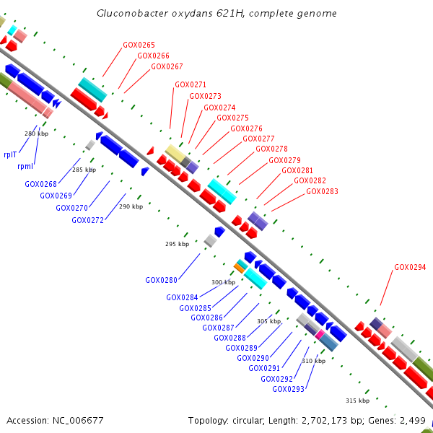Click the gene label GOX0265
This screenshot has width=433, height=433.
pos(139,45)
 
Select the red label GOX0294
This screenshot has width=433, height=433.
pos(410,267)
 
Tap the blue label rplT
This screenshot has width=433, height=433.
pos(10,154)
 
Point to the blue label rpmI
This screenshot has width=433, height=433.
pos(25,166)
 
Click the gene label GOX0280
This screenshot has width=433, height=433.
pos(161,280)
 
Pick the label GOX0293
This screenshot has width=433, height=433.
pos(288,389)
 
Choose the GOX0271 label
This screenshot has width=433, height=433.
pos(191,84)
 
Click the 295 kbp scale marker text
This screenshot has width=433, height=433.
pos(178,244)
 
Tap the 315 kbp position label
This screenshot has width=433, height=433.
pos(358,401)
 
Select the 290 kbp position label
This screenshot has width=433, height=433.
pos(131,206)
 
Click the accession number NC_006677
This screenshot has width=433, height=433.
pos(78,421)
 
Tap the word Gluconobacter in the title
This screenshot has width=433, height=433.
pos(132,13)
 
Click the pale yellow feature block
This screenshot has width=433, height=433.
pos(175,154)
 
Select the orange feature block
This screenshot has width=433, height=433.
pos(239,268)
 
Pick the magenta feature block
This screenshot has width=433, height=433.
pos(320,334)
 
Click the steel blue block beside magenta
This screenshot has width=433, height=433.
pos(329,342)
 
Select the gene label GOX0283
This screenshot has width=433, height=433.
pos(322,191)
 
